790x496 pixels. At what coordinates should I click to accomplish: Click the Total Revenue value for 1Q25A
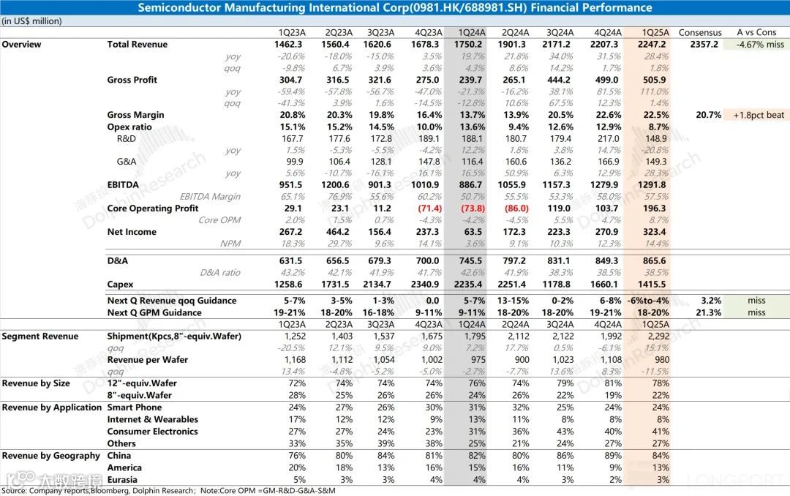654,45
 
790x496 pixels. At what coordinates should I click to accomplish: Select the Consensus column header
700,32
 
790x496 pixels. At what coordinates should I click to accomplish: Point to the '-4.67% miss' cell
756,45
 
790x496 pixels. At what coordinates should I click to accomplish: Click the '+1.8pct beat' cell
756,115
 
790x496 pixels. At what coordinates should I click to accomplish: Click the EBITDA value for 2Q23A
338,185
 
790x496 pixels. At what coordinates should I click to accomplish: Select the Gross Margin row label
135,115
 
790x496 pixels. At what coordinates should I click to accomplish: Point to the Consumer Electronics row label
152,432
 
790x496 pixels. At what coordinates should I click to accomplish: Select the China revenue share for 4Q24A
612,456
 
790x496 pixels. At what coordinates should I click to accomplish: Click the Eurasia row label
124,479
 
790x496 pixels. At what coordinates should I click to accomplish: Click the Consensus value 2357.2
704,45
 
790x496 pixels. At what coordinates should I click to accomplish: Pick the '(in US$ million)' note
31,21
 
